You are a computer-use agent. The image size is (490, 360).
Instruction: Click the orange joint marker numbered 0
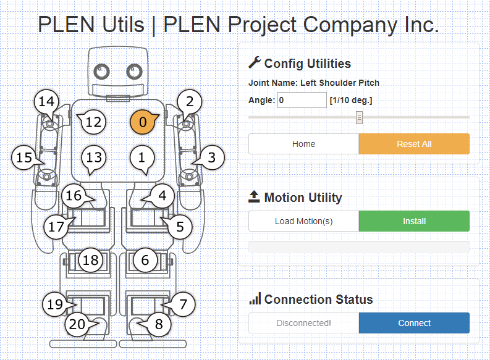click(x=143, y=122)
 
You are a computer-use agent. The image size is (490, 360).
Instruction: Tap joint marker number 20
click(x=77, y=324)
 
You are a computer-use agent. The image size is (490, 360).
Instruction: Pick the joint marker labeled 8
click(x=159, y=324)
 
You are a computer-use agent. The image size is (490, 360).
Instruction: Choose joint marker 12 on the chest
click(x=93, y=122)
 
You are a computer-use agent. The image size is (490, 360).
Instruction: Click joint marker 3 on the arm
click(x=212, y=157)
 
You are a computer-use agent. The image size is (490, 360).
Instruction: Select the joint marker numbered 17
click(x=56, y=227)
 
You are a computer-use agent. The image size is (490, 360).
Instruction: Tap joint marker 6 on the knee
click(x=145, y=260)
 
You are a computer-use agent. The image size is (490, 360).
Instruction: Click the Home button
click(x=303, y=144)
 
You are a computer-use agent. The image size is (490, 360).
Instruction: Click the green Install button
click(x=414, y=221)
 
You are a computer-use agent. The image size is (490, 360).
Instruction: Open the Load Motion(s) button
click(x=303, y=221)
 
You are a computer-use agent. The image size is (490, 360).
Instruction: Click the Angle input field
click(x=302, y=100)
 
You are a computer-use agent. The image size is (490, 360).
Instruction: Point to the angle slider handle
click(x=359, y=117)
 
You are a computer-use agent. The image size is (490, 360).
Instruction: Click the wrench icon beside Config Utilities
click(x=254, y=62)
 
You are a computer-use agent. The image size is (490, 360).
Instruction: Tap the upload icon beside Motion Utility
click(x=254, y=197)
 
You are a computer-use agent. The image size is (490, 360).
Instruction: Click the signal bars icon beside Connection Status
click(x=255, y=299)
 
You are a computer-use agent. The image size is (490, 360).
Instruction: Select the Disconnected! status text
click(x=303, y=323)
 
